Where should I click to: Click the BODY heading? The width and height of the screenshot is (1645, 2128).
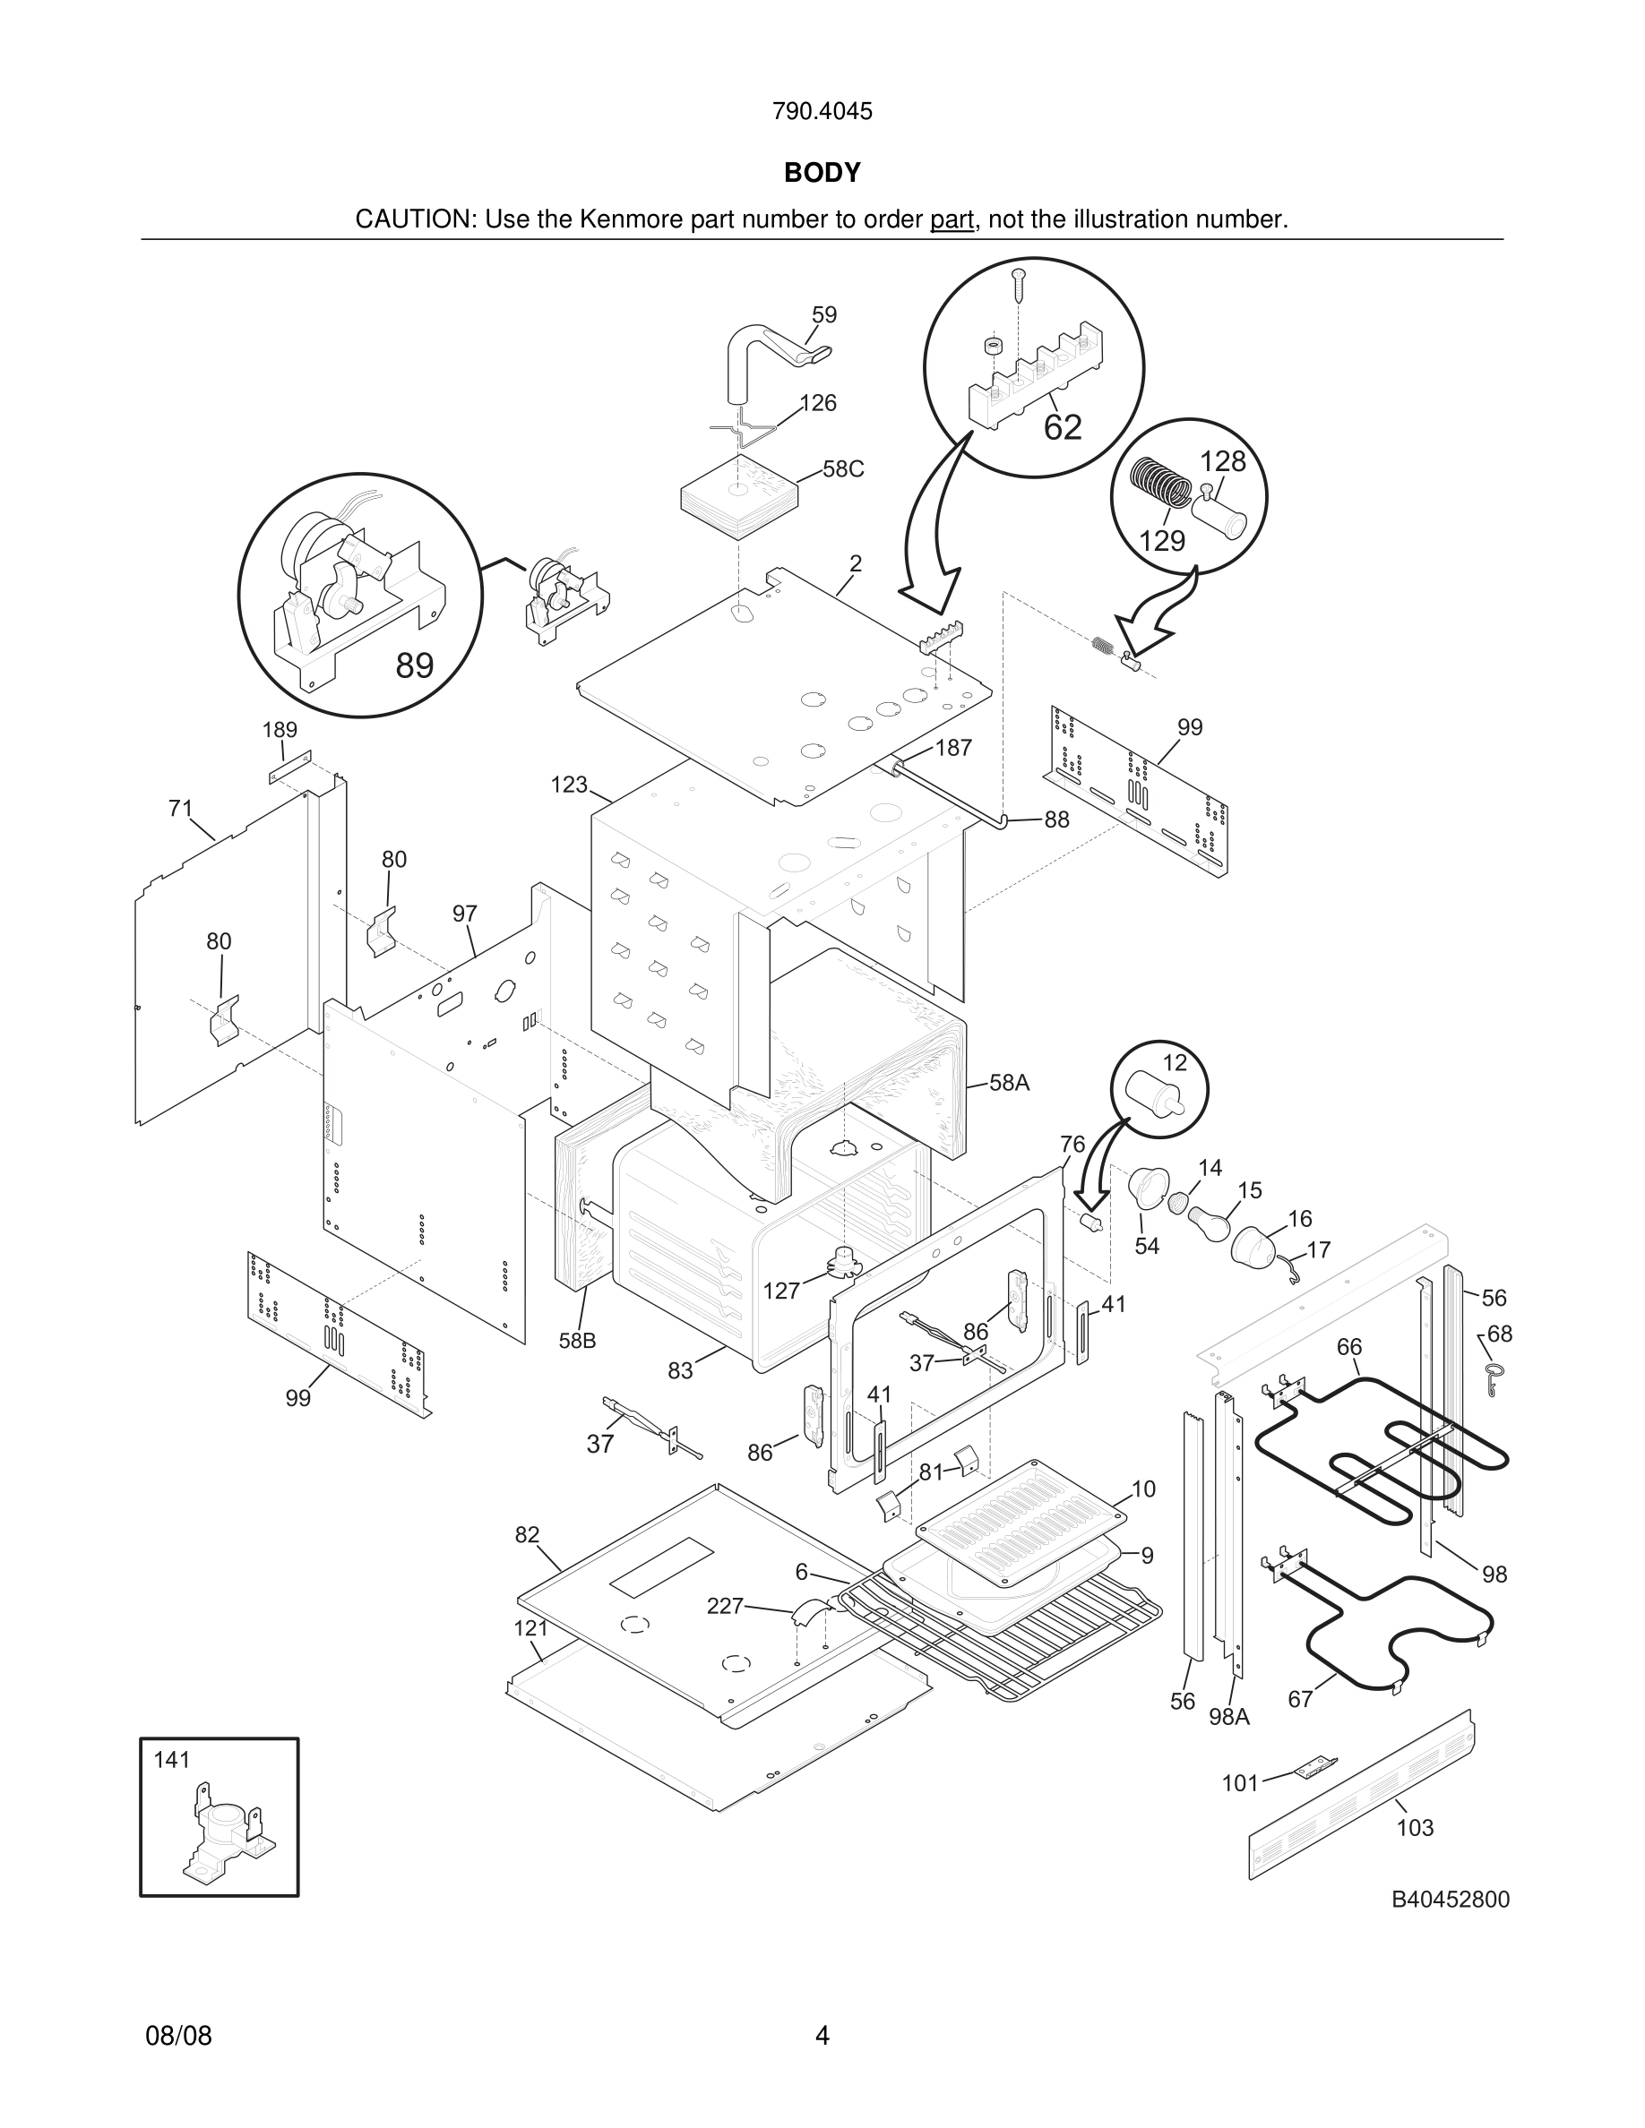click(x=822, y=173)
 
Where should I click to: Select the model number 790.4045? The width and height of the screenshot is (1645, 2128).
click(x=822, y=111)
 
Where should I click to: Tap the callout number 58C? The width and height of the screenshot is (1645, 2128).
click(x=843, y=468)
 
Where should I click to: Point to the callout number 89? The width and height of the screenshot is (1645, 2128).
click(x=414, y=665)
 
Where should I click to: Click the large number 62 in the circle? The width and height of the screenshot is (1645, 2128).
click(x=1063, y=427)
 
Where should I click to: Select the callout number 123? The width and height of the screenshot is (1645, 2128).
click(x=569, y=785)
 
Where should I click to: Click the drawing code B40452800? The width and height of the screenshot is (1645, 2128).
click(x=1449, y=1899)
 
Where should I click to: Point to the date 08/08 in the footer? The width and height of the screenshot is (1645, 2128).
click(x=178, y=2036)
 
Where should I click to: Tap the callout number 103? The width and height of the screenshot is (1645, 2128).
click(x=1415, y=1828)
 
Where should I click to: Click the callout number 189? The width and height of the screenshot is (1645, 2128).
click(x=280, y=730)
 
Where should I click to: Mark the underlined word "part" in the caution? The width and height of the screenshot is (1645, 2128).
click(x=952, y=220)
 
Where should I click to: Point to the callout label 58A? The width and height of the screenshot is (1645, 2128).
click(x=1010, y=1083)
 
